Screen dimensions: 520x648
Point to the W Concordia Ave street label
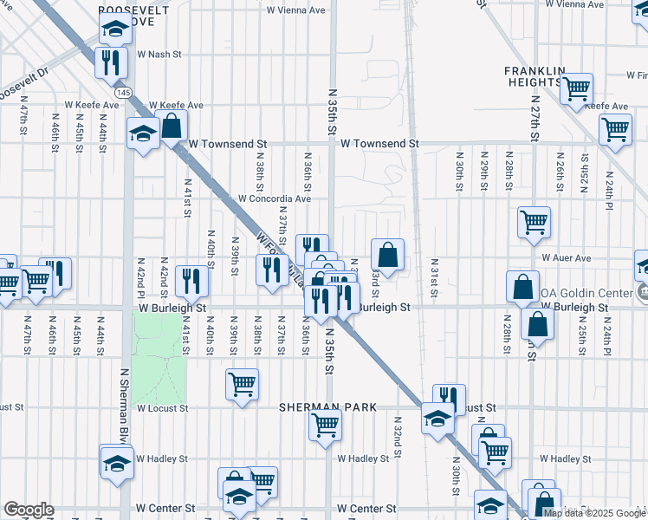click(x=275, y=198)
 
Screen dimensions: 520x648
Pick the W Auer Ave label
click(x=566, y=257)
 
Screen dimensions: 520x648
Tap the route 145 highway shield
click(x=126, y=92)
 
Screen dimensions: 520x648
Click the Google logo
click(x=29, y=510)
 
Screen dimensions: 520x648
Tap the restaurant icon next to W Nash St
click(x=109, y=61)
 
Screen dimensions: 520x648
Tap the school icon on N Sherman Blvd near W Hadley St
click(x=116, y=461)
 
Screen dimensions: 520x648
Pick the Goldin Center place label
click(x=586, y=294)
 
